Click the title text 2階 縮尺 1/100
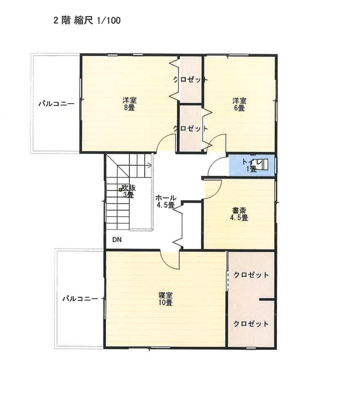click(x=87, y=21)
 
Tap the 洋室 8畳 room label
click(x=129, y=104)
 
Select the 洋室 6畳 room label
click(x=240, y=104)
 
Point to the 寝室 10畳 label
click(x=165, y=299)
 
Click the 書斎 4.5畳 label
click(x=239, y=214)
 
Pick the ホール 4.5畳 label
click(x=166, y=201)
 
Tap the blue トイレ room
click(x=252, y=165)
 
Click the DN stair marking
click(x=117, y=240)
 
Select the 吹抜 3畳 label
click(x=129, y=191)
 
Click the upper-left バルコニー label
click(x=57, y=104)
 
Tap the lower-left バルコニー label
click(x=80, y=299)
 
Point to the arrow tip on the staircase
click(x=152, y=165)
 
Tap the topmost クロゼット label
click(x=191, y=79)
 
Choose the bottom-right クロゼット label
click(x=251, y=324)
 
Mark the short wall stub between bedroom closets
click(x=267, y=299)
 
